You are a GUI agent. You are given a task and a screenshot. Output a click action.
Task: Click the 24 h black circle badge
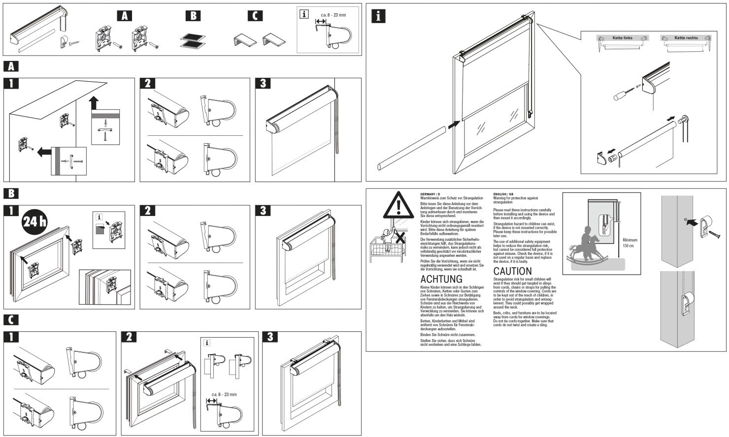pos(34,222)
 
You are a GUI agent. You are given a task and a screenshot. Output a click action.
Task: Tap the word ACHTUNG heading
pos(441,280)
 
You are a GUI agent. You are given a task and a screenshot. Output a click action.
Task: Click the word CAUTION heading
pos(512,271)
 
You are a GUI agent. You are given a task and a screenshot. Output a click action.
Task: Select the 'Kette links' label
pos(622,38)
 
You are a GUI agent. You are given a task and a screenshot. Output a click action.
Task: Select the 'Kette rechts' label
pos(686,38)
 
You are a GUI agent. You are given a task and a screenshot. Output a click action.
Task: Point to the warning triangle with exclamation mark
pos(398,206)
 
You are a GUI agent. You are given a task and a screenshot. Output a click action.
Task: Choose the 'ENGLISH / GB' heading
pos(503,194)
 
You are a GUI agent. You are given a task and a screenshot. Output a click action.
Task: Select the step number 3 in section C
pos(270,337)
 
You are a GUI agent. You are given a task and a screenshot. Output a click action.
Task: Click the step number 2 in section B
pos(147,211)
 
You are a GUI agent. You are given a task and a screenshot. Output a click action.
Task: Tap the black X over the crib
pos(399,238)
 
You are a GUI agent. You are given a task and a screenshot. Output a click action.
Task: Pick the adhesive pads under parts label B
pos(193,40)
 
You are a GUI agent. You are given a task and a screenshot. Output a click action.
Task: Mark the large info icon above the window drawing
pos(378,16)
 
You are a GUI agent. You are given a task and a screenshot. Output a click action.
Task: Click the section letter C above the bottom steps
pos(11,320)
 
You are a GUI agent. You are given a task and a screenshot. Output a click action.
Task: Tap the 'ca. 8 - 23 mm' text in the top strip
pos(333,15)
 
